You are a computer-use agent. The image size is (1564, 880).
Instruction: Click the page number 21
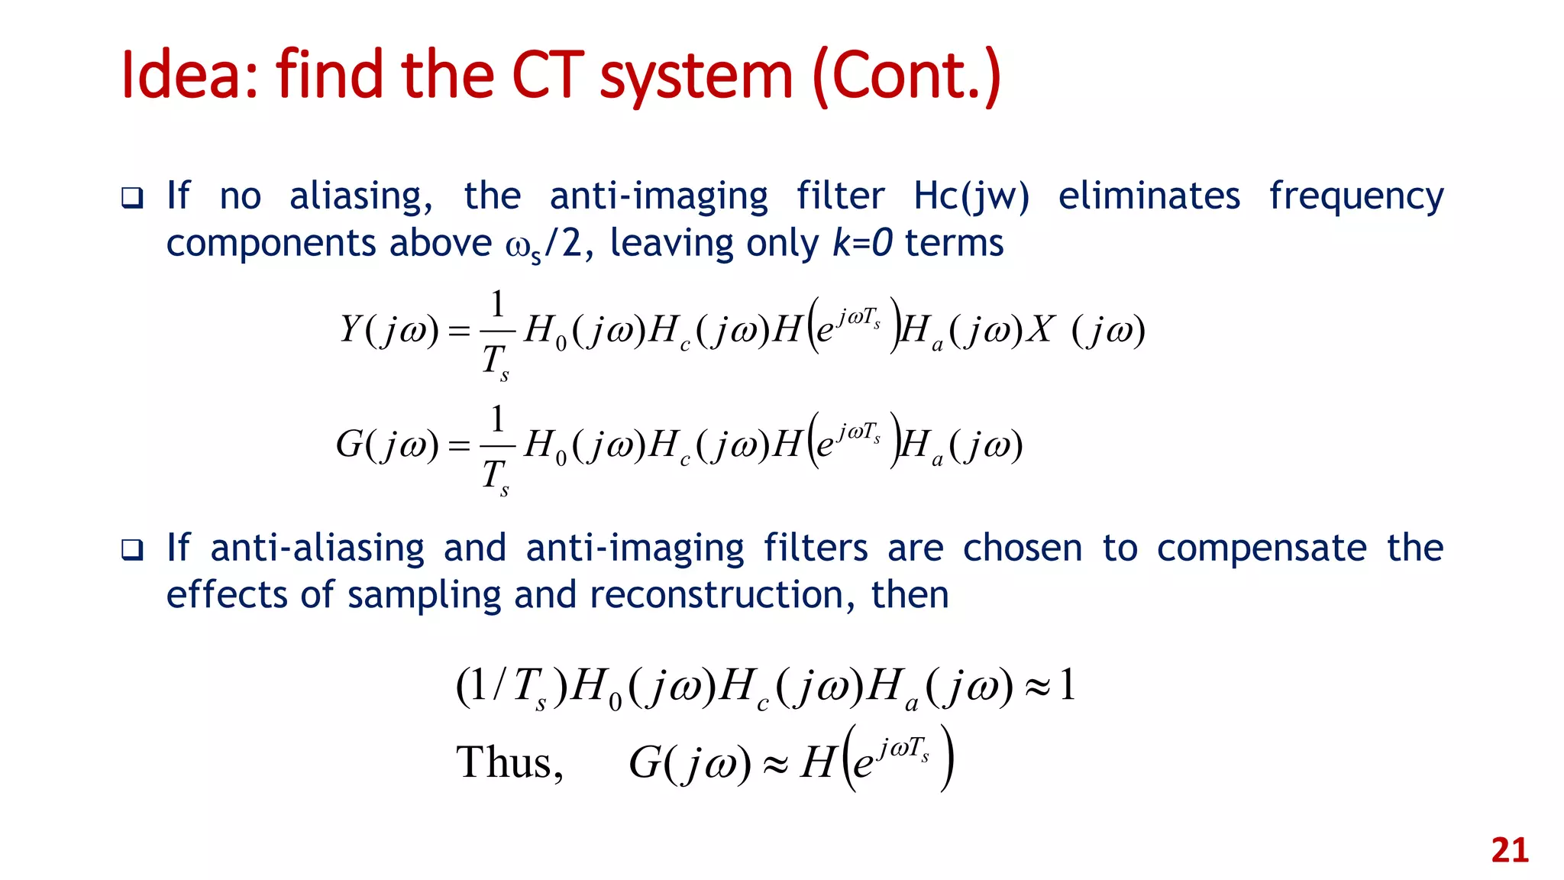pyautogui.click(x=1509, y=850)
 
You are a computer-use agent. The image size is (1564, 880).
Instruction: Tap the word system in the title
pyautogui.click(x=696, y=76)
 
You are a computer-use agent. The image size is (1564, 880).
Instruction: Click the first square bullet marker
pyautogui.click(x=132, y=199)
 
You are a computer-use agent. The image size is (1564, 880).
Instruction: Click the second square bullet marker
pyautogui.click(x=132, y=549)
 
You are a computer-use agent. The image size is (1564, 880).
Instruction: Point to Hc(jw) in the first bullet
pyautogui.click(x=971, y=196)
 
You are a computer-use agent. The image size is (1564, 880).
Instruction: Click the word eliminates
pyautogui.click(x=1149, y=196)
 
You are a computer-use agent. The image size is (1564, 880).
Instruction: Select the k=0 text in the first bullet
pyautogui.click(x=862, y=244)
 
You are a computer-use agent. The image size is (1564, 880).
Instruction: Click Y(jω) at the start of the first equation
pyautogui.click(x=389, y=330)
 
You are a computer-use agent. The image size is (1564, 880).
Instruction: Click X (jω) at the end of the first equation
pyautogui.click(x=1085, y=330)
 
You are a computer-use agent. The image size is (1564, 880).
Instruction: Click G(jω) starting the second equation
pyautogui.click(x=387, y=445)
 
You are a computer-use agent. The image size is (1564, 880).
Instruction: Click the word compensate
pyautogui.click(x=1261, y=549)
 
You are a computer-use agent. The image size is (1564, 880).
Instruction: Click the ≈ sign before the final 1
pyautogui.click(x=1037, y=686)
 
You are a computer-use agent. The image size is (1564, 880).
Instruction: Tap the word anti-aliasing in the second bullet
pyautogui.click(x=317, y=549)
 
